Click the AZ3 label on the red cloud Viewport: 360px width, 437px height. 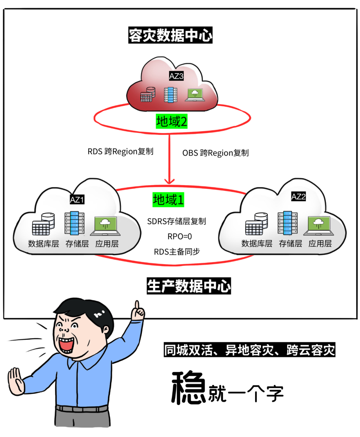click(x=176, y=76)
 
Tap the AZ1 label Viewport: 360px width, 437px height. click(x=77, y=200)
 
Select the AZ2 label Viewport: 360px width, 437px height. click(x=298, y=197)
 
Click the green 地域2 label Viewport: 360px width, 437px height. click(x=172, y=121)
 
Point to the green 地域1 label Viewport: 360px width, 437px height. click(x=168, y=200)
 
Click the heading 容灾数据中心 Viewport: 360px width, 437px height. click(x=170, y=35)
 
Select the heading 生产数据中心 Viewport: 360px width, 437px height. click(x=189, y=286)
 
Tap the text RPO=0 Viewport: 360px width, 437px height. click(x=180, y=237)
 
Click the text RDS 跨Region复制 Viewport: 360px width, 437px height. click(x=120, y=151)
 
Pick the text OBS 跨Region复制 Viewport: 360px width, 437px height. click(x=215, y=153)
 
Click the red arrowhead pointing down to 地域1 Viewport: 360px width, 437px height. click(x=169, y=181)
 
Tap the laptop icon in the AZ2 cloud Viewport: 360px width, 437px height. click(x=318, y=226)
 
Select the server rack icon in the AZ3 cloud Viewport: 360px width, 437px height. click(x=171, y=95)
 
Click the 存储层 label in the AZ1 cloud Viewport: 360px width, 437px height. click(x=77, y=244)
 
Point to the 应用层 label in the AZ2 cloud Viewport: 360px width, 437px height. click(x=320, y=244)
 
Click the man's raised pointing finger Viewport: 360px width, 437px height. click(x=137, y=306)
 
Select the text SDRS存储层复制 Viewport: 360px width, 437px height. click(x=177, y=221)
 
